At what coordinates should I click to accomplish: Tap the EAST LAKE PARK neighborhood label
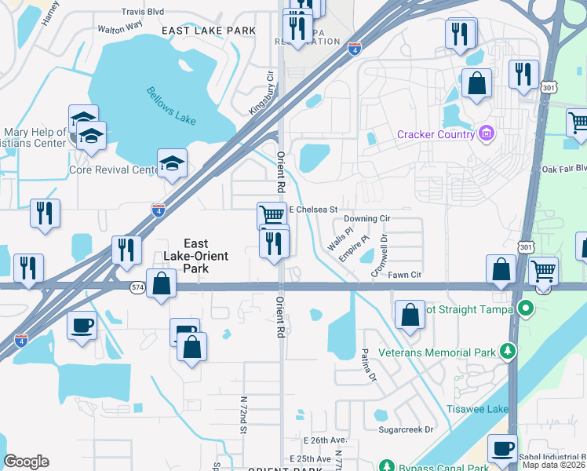[x=209, y=31]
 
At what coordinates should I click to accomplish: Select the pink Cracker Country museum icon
[x=487, y=134]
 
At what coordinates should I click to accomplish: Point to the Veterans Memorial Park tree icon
[x=509, y=352]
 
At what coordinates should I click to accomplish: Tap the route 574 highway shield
[x=138, y=287]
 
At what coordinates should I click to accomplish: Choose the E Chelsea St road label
[x=313, y=210]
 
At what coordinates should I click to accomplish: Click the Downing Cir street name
[x=366, y=218]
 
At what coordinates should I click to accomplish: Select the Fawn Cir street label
[x=406, y=275]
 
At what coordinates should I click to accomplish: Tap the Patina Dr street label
[x=366, y=367]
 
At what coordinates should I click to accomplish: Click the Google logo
[x=26, y=462]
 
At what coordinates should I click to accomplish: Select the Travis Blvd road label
[x=143, y=13]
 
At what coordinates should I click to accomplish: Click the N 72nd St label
[x=243, y=414]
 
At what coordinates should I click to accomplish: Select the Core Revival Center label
[x=114, y=170]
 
